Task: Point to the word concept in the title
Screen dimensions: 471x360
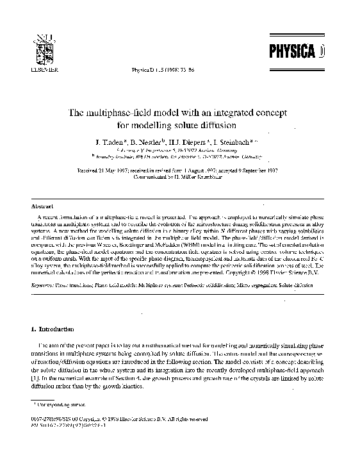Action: point(268,112)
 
